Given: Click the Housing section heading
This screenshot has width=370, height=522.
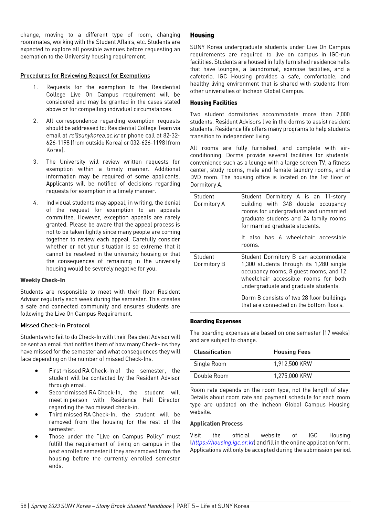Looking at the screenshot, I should tap(202, 35).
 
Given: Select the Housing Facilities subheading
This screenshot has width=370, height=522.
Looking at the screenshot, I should tap(213, 103).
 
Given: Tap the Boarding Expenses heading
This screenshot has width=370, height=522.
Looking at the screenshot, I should tap(215, 321).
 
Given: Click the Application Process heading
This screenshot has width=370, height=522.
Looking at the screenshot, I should tap(216, 424).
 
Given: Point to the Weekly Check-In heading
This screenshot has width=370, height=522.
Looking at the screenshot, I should tap(43, 280).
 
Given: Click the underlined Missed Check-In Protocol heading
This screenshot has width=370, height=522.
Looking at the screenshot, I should tap(55, 325).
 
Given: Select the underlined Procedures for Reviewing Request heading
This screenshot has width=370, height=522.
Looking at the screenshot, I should tap(85, 76).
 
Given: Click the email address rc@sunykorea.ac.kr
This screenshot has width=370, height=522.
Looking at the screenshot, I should tap(94, 135).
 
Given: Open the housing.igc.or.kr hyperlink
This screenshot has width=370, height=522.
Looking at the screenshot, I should tap(223, 443).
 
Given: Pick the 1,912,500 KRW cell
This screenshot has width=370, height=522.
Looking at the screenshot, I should tap(293, 364).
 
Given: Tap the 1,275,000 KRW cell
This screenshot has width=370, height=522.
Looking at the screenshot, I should tap(293, 376).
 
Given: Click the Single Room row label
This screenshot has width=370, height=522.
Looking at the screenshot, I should tap(210, 364).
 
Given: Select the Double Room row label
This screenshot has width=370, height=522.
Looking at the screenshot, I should tap(211, 376).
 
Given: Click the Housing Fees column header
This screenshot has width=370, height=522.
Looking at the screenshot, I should tap(292, 352).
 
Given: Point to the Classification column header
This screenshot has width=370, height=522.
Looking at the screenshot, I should tap(212, 352).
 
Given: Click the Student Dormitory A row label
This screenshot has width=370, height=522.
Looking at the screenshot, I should tap(209, 200).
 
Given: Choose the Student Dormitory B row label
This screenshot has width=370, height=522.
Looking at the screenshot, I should tap(209, 260).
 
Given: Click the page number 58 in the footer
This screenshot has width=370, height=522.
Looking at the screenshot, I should tap(23, 506).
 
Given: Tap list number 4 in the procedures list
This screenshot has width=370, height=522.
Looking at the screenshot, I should tap(35, 203).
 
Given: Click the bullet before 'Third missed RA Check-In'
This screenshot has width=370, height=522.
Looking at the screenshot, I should tap(36, 415).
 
